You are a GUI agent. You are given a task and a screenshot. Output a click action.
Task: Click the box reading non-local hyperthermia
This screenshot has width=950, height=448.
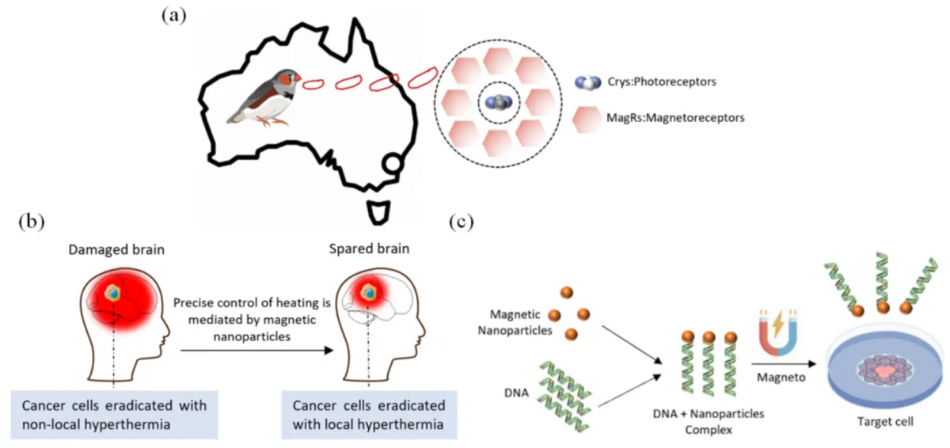114,415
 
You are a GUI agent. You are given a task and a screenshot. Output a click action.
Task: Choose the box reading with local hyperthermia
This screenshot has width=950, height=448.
368,415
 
